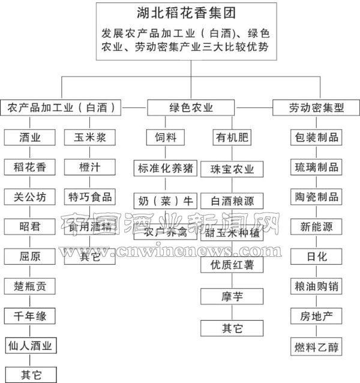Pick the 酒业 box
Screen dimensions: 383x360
point(31,137)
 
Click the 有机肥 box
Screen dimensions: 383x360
point(232,138)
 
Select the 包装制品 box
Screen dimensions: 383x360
point(316,137)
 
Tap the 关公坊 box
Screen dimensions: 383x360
point(31,196)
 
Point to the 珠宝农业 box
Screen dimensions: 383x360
point(232,169)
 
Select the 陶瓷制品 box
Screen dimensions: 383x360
point(316,196)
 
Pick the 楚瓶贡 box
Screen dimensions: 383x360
point(31,285)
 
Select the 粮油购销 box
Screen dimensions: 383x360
point(316,286)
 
